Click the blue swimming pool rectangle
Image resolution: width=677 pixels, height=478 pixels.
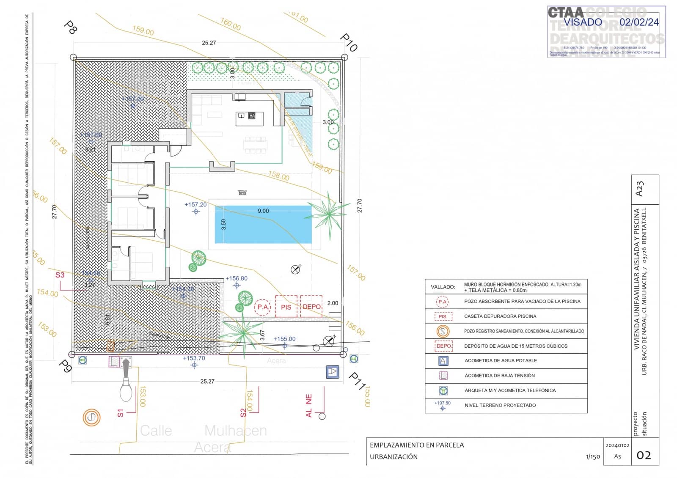click(263, 224)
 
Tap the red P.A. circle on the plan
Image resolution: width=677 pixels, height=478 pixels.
click(263, 307)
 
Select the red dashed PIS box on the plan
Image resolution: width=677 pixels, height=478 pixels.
click(286, 307)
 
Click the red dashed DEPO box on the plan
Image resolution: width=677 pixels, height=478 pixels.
click(311, 306)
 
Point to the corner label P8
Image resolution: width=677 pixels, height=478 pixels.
click(70, 27)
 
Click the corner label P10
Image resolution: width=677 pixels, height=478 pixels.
click(349, 42)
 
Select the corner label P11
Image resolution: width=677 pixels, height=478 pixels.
click(357, 381)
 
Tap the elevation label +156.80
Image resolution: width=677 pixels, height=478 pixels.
click(237, 278)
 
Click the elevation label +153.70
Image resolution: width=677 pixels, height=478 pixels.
click(194, 358)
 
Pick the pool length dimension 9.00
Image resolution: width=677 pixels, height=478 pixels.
click(263, 211)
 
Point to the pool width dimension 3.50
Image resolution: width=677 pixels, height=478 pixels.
click(223, 224)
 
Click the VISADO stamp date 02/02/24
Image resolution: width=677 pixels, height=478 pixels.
click(639, 22)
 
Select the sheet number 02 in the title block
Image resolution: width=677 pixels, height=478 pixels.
click(644, 455)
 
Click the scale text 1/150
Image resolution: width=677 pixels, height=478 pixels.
click(593, 456)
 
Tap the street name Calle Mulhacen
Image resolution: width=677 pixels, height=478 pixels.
click(204, 431)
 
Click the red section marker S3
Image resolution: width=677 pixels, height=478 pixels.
click(60, 275)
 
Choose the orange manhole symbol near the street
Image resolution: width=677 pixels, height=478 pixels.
click(91, 418)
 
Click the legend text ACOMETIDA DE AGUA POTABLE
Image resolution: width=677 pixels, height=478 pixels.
click(501, 360)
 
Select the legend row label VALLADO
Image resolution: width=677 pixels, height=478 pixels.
click(443, 287)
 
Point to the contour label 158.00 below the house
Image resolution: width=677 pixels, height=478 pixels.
click(279, 176)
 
